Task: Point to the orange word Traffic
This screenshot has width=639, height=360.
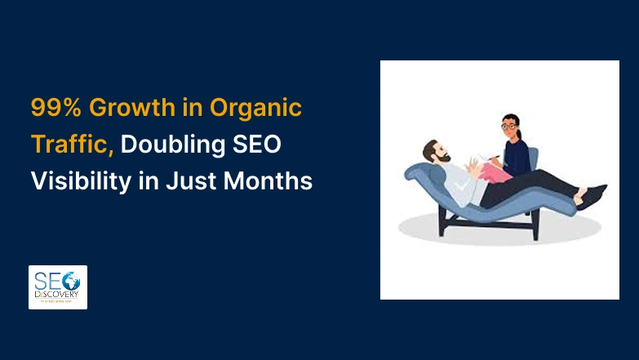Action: (72, 144)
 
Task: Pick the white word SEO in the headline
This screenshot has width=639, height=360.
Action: (259, 144)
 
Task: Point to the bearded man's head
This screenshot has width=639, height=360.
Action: (436, 154)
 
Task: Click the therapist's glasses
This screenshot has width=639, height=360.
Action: (508, 127)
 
